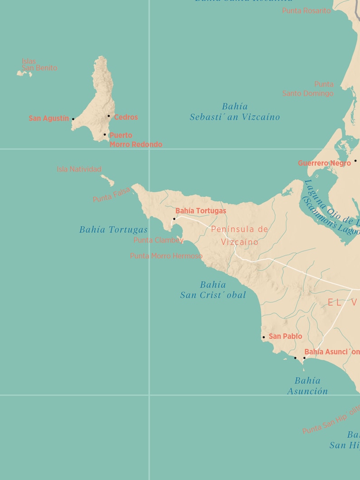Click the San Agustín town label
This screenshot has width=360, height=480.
pyautogui.click(x=49, y=118)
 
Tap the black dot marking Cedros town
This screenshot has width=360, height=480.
pyautogui.click(x=109, y=116)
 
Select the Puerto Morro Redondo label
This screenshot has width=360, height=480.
pyautogui.click(x=136, y=140)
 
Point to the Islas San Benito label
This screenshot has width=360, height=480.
pyautogui.click(x=39, y=65)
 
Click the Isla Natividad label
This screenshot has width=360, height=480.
pyautogui.click(x=79, y=169)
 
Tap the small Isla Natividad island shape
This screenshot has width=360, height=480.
pyautogui.click(x=108, y=180)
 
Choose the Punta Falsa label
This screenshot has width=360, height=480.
pyautogui.click(x=112, y=195)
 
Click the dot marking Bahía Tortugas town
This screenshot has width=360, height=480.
pyautogui.click(x=174, y=219)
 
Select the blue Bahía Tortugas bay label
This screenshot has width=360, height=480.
pyautogui.click(x=113, y=230)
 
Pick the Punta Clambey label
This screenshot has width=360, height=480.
pyautogui.click(x=158, y=240)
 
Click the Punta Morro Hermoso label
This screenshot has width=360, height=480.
pyautogui.click(x=166, y=256)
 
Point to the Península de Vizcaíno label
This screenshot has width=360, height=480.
pyautogui.click(x=239, y=236)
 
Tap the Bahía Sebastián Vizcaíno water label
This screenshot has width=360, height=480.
pyautogui.click(x=235, y=112)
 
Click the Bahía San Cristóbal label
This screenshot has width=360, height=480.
pyautogui.click(x=213, y=290)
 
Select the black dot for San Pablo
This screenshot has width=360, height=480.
pyautogui.click(x=263, y=337)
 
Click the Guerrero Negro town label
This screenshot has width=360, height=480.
pyautogui.click(x=324, y=163)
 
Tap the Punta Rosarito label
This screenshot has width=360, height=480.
pyautogui.click(x=306, y=10)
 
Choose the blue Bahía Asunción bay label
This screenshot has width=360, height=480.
pyautogui.click(x=307, y=386)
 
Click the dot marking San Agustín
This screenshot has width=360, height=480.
pyautogui.click(x=73, y=119)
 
